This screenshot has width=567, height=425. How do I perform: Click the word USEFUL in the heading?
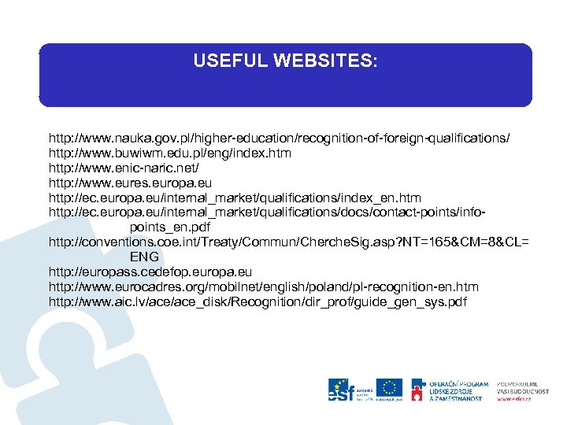click(x=226, y=61)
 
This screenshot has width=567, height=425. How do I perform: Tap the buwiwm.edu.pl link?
click(x=170, y=153)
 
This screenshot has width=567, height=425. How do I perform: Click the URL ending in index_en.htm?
click(x=235, y=198)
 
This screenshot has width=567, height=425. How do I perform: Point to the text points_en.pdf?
click(x=173, y=227)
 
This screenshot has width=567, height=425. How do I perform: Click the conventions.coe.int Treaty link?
click(x=288, y=242)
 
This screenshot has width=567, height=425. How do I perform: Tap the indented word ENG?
click(x=144, y=257)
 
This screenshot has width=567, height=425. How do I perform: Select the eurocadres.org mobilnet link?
click(x=263, y=286)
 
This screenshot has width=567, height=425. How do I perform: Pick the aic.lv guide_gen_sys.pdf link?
click(x=258, y=301)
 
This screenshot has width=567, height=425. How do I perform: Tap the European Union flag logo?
click(x=389, y=389)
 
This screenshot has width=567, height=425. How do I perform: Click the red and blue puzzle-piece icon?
click(x=418, y=390)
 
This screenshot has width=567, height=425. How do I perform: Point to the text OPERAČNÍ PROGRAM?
click(x=459, y=384)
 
